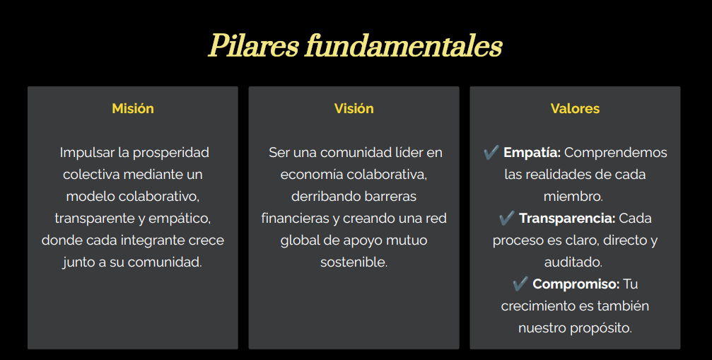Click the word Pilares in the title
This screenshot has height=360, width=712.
[253, 46]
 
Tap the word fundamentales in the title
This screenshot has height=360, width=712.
[404, 46]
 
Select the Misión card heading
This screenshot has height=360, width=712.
[133, 108]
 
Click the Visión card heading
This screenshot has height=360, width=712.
[354, 108]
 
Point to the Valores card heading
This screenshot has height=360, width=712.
[575, 108]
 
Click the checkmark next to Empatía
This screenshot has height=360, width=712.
[491, 152]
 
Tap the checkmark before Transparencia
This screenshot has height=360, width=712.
[507, 218]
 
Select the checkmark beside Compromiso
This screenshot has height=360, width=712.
[520, 284]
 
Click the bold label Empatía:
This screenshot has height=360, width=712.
[532, 153]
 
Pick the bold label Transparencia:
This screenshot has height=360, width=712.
[567, 219]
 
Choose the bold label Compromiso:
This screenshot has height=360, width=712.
[576, 284]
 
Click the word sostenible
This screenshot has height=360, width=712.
[354, 262]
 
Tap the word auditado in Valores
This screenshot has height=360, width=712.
[573, 262]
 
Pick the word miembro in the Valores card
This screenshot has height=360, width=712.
[573, 196]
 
